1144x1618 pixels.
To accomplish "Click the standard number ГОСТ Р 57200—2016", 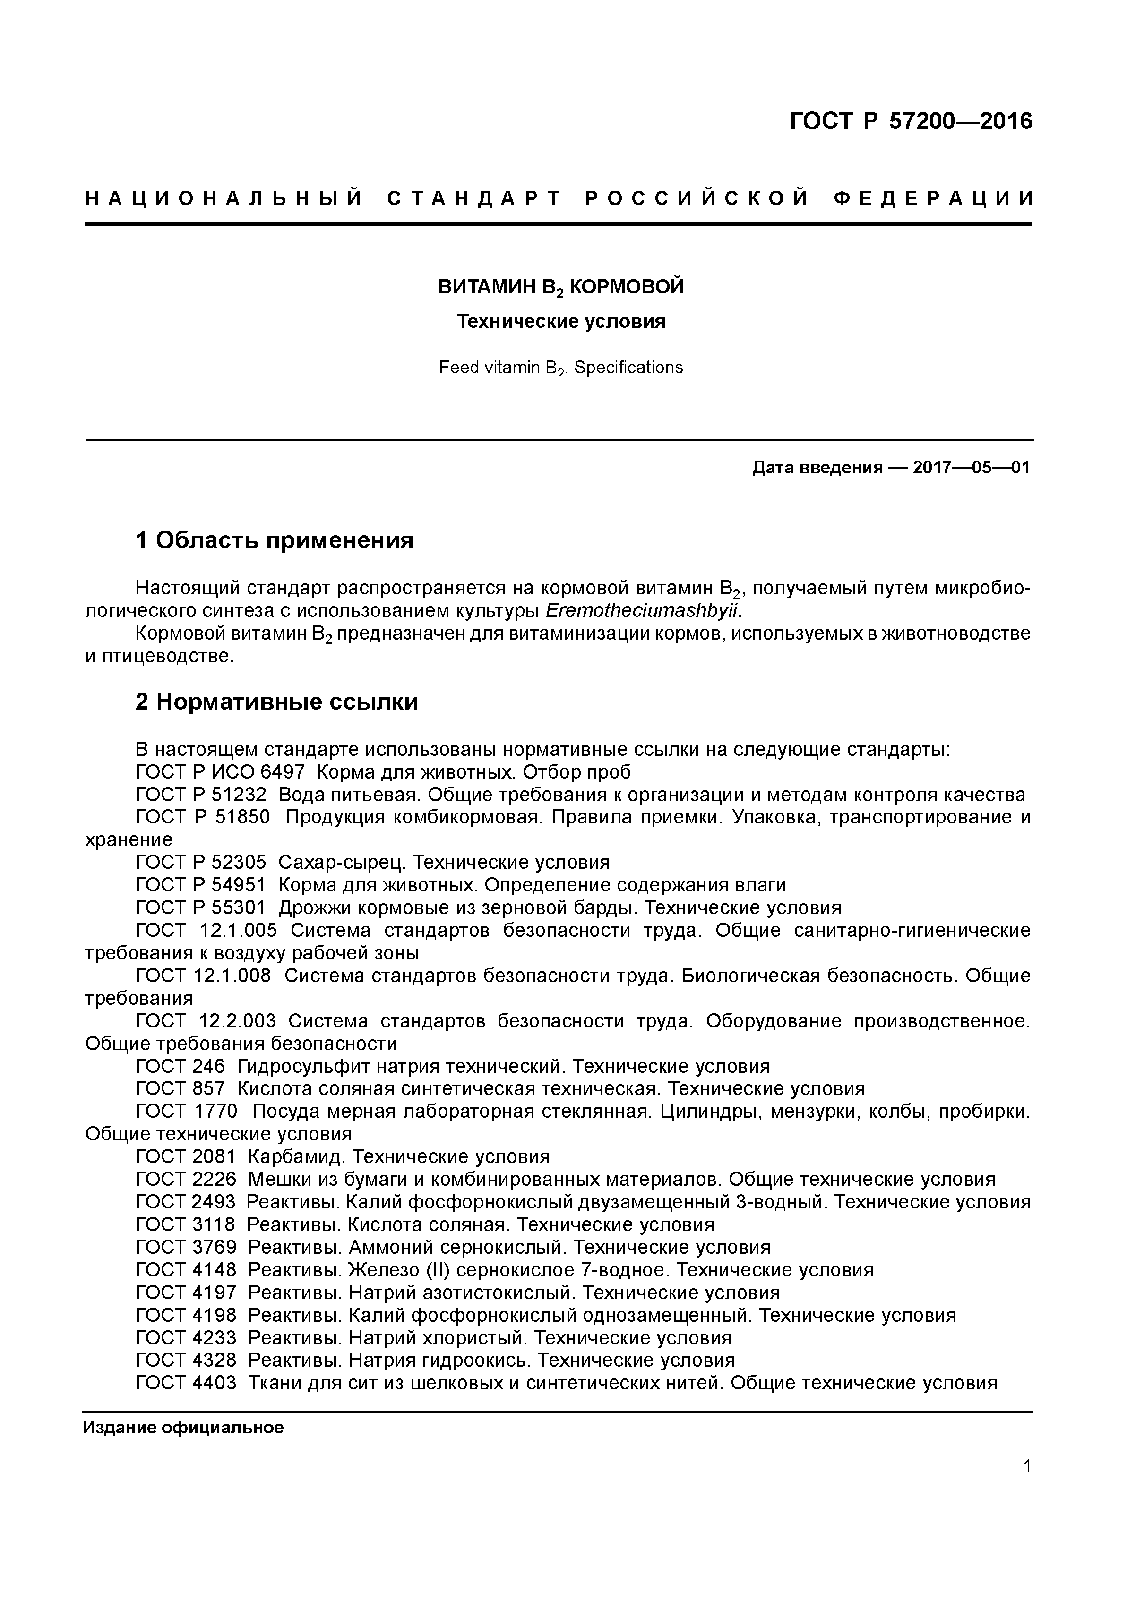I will (910, 122).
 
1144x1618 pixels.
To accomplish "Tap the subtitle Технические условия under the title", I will (561, 322).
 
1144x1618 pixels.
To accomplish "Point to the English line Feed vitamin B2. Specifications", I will (561, 368).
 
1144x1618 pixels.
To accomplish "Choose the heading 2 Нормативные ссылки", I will (276, 702).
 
